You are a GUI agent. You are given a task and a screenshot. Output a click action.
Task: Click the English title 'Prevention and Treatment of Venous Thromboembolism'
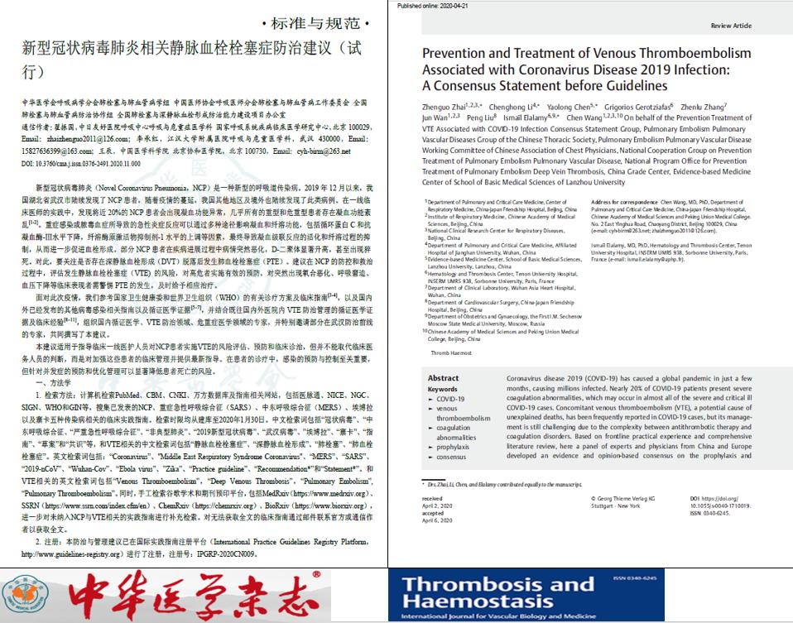pyautogui.click(x=587, y=54)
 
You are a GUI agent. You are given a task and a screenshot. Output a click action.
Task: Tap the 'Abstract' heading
pyautogui.click(x=444, y=378)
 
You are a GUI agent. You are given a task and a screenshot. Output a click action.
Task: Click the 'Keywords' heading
pyautogui.click(x=443, y=389)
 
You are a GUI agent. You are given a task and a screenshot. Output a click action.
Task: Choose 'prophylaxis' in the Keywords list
pyautogui.click(x=453, y=447)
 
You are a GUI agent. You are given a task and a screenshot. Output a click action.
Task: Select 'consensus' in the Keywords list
pyautogui.click(x=451, y=457)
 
